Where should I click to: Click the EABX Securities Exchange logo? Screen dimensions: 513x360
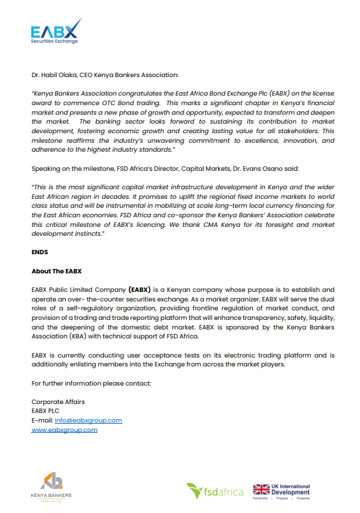[56, 31]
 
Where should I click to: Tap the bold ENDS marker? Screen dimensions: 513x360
[40, 252]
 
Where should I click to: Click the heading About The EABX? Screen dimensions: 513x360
[57, 271]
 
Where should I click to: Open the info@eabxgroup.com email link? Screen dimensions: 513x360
[88, 421]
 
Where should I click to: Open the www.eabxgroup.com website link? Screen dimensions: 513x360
[64, 430]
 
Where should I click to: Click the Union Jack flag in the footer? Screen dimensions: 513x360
[261, 489]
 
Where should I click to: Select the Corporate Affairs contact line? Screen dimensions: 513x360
[58, 402]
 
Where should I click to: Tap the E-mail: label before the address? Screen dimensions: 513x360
[42, 421]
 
